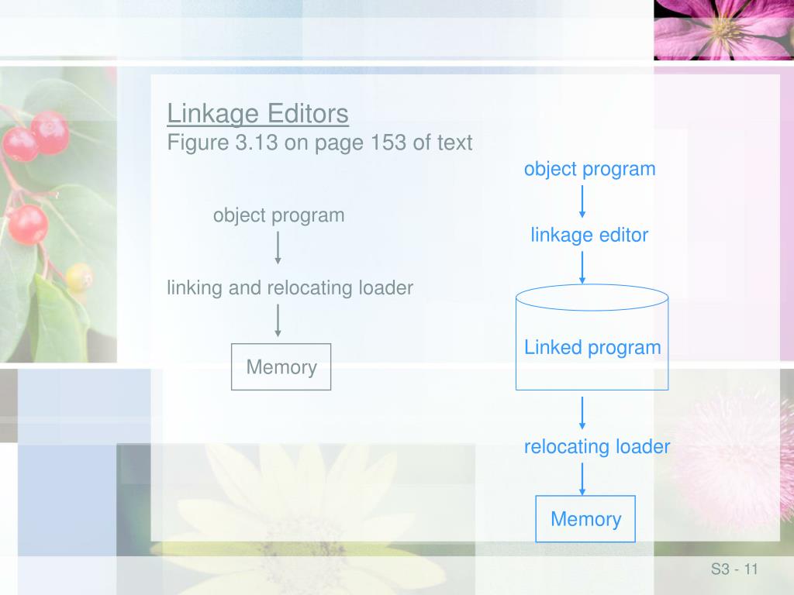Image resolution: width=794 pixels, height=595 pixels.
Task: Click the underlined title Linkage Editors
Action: pyautogui.click(x=257, y=114)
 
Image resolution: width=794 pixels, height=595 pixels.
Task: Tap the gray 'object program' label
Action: pyautogui.click(x=278, y=215)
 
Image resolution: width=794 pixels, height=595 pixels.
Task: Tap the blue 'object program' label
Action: pyautogui.click(x=589, y=169)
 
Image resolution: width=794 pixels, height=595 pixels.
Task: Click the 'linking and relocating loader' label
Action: pyautogui.click(x=290, y=288)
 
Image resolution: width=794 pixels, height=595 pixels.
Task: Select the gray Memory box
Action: pyautogui.click(x=281, y=367)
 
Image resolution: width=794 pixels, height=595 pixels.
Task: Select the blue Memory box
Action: pyautogui.click(x=585, y=519)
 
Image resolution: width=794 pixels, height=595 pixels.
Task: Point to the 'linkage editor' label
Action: pyautogui.click(x=589, y=235)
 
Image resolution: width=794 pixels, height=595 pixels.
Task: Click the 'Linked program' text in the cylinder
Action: pyautogui.click(x=592, y=347)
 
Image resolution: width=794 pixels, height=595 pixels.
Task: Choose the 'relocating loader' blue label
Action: pyautogui.click(x=596, y=446)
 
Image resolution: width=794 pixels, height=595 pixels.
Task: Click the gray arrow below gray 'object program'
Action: pyautogui.click(x=278, y=248)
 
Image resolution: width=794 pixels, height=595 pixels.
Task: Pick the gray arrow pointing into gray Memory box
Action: pyautogui.click(x=278, y=320)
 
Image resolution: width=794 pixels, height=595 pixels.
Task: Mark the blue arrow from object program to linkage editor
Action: pyautogui.click(x=582, y=201)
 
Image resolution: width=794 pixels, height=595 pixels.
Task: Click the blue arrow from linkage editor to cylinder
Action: pyautogui.click(x=582, y=267)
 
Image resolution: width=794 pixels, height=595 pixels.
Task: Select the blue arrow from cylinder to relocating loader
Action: pyautogui.click(x=582, y=413)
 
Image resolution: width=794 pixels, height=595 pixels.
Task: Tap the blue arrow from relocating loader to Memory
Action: pyautogui.click(x=582, y=479)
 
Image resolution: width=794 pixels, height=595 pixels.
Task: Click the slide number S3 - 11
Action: pyautogui.click(x=734, y=570)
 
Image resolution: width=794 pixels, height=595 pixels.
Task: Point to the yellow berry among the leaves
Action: pyautogui.click(x=79, y=276)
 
